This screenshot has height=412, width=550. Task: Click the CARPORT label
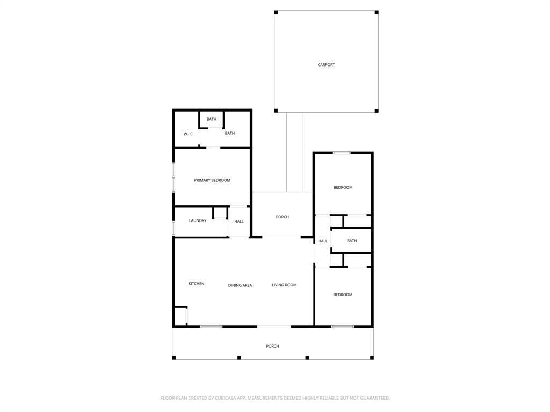pos(326,65)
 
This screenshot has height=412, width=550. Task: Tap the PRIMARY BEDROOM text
pos(212,180)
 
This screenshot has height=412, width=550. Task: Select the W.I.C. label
pos(189,134)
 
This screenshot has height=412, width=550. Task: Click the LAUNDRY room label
pos(198,220)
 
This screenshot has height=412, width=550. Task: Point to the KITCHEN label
pos(196,284)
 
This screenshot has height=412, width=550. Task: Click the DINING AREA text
pos(240,285)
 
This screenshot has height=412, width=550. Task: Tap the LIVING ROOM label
pos(284,285)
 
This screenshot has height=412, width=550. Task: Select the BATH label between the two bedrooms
pos(352,241)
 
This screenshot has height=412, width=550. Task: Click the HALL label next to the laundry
pos(239,222)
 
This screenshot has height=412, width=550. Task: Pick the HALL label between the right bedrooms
pos(323,241)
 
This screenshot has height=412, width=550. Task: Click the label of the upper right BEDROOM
pos(343,187)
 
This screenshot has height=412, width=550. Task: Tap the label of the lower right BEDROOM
pos(343,295)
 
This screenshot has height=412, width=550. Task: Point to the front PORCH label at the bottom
pos(272,346)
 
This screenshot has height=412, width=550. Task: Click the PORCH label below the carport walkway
pos(283,217)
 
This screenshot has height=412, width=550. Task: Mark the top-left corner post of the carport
pos(276,12)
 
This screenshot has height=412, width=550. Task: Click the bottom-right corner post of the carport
pos(377,111)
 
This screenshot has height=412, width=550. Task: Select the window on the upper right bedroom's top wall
pos(342,153)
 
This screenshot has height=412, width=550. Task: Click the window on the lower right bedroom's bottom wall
pos(342,326)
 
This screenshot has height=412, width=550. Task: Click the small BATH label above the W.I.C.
pos(212,119)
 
